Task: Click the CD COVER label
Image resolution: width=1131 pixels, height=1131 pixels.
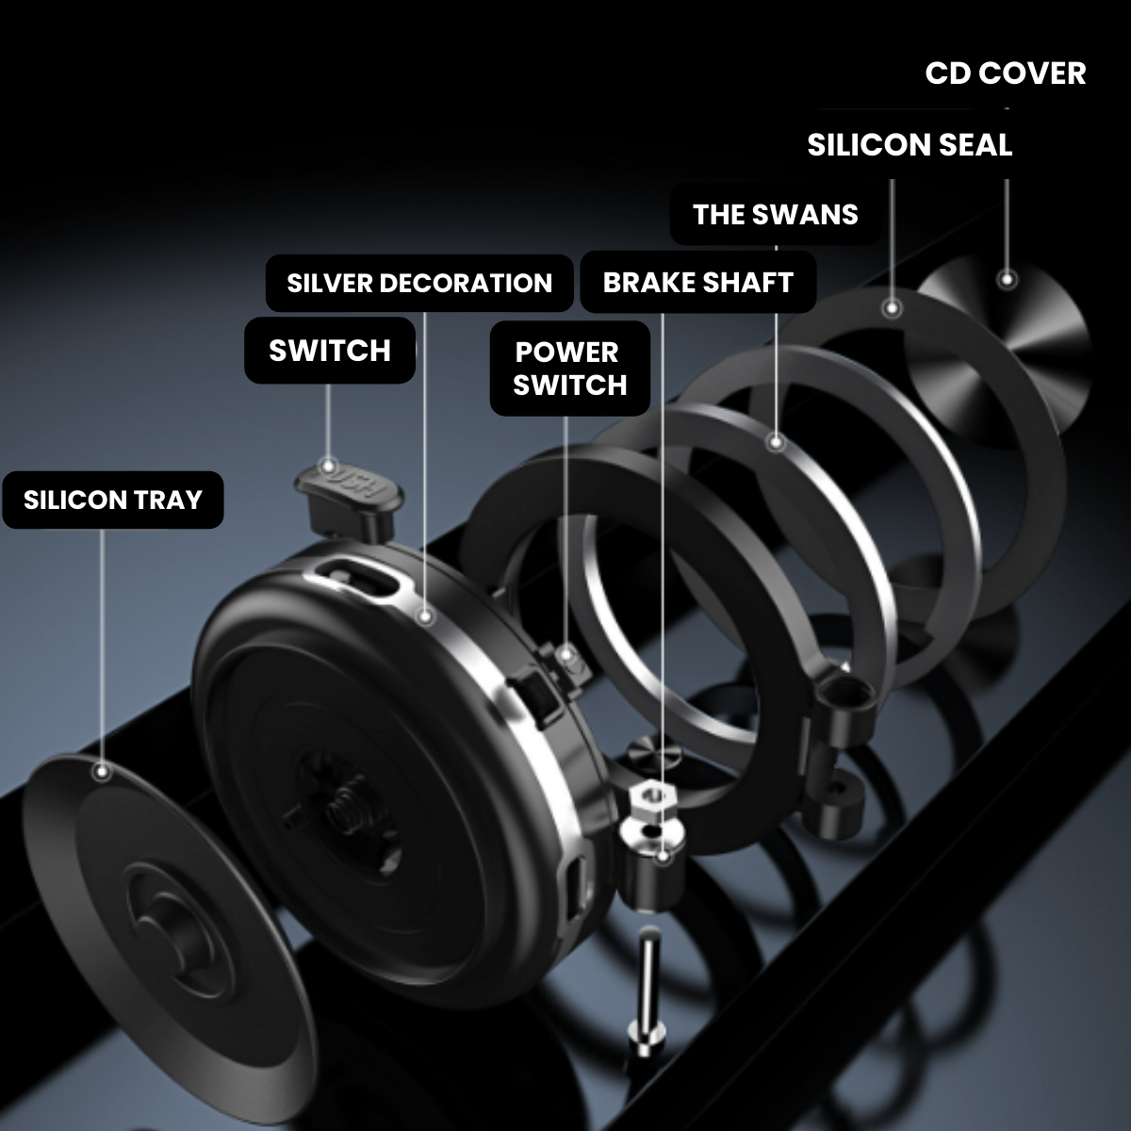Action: [1005, 74]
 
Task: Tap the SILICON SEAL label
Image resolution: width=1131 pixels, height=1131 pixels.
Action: [909, 145]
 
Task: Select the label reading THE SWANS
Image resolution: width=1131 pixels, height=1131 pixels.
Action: [775, 215]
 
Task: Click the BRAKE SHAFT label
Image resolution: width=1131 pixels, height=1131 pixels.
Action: [697, 283]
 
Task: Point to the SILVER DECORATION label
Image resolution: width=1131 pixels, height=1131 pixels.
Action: [419, 283]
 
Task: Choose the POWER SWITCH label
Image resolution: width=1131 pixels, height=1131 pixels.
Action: [570, 369]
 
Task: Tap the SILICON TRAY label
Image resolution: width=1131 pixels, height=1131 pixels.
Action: [113, 500]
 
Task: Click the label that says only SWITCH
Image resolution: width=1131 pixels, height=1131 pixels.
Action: [330, 351]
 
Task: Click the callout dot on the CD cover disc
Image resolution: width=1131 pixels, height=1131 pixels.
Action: [1007, 279]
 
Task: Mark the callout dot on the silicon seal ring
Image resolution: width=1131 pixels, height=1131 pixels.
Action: [891, 307]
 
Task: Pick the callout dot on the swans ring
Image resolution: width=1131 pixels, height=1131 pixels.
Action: [776, 441]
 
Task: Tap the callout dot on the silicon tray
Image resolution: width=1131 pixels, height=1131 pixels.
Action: [102, 772]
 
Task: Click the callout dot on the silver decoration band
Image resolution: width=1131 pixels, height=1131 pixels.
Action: [425, 616]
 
